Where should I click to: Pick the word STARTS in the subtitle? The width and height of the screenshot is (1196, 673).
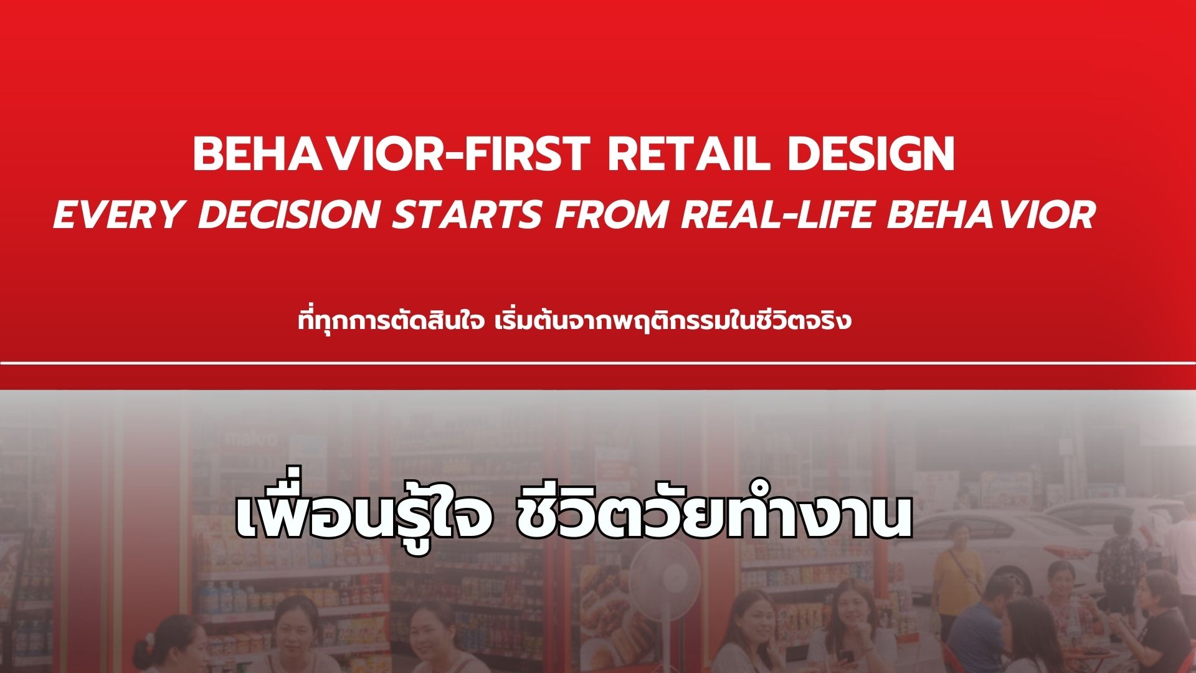pos(466,214)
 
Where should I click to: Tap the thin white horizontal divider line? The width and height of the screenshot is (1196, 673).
pos(598,363)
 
